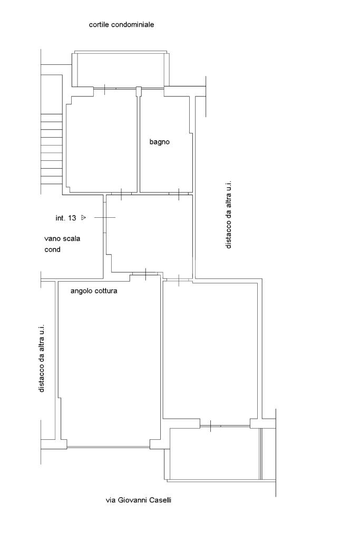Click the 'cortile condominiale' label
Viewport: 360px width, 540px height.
click(x=121, y=25)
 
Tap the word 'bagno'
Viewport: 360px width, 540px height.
click(x=159, y=142)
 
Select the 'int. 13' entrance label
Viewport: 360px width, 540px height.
click(x=66, y=218)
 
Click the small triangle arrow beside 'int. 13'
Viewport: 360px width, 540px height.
click(x=83, y=217)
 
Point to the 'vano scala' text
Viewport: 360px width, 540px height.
click(x=62, y=238)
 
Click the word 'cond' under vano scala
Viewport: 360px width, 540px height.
click(x=52, y=249)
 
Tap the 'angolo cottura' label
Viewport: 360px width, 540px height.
click(x=94, y=291)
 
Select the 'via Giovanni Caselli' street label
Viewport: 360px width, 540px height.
click(x=138, y=500)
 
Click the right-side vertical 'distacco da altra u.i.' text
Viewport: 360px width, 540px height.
click(x=229, y=215)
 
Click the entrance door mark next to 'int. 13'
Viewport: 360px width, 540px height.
click(x=105, y=217)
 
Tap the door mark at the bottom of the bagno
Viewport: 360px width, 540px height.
click(x=179, y=194)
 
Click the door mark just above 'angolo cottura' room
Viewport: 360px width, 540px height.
click(x=145, y=274)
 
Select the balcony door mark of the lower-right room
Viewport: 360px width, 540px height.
click(x=210, y=426)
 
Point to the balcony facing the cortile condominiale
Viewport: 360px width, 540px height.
click(x=121, y=70)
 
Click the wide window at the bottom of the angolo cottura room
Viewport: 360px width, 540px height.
click(x=109, y=447)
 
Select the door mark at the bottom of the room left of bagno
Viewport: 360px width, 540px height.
click(x=121, y=194)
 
